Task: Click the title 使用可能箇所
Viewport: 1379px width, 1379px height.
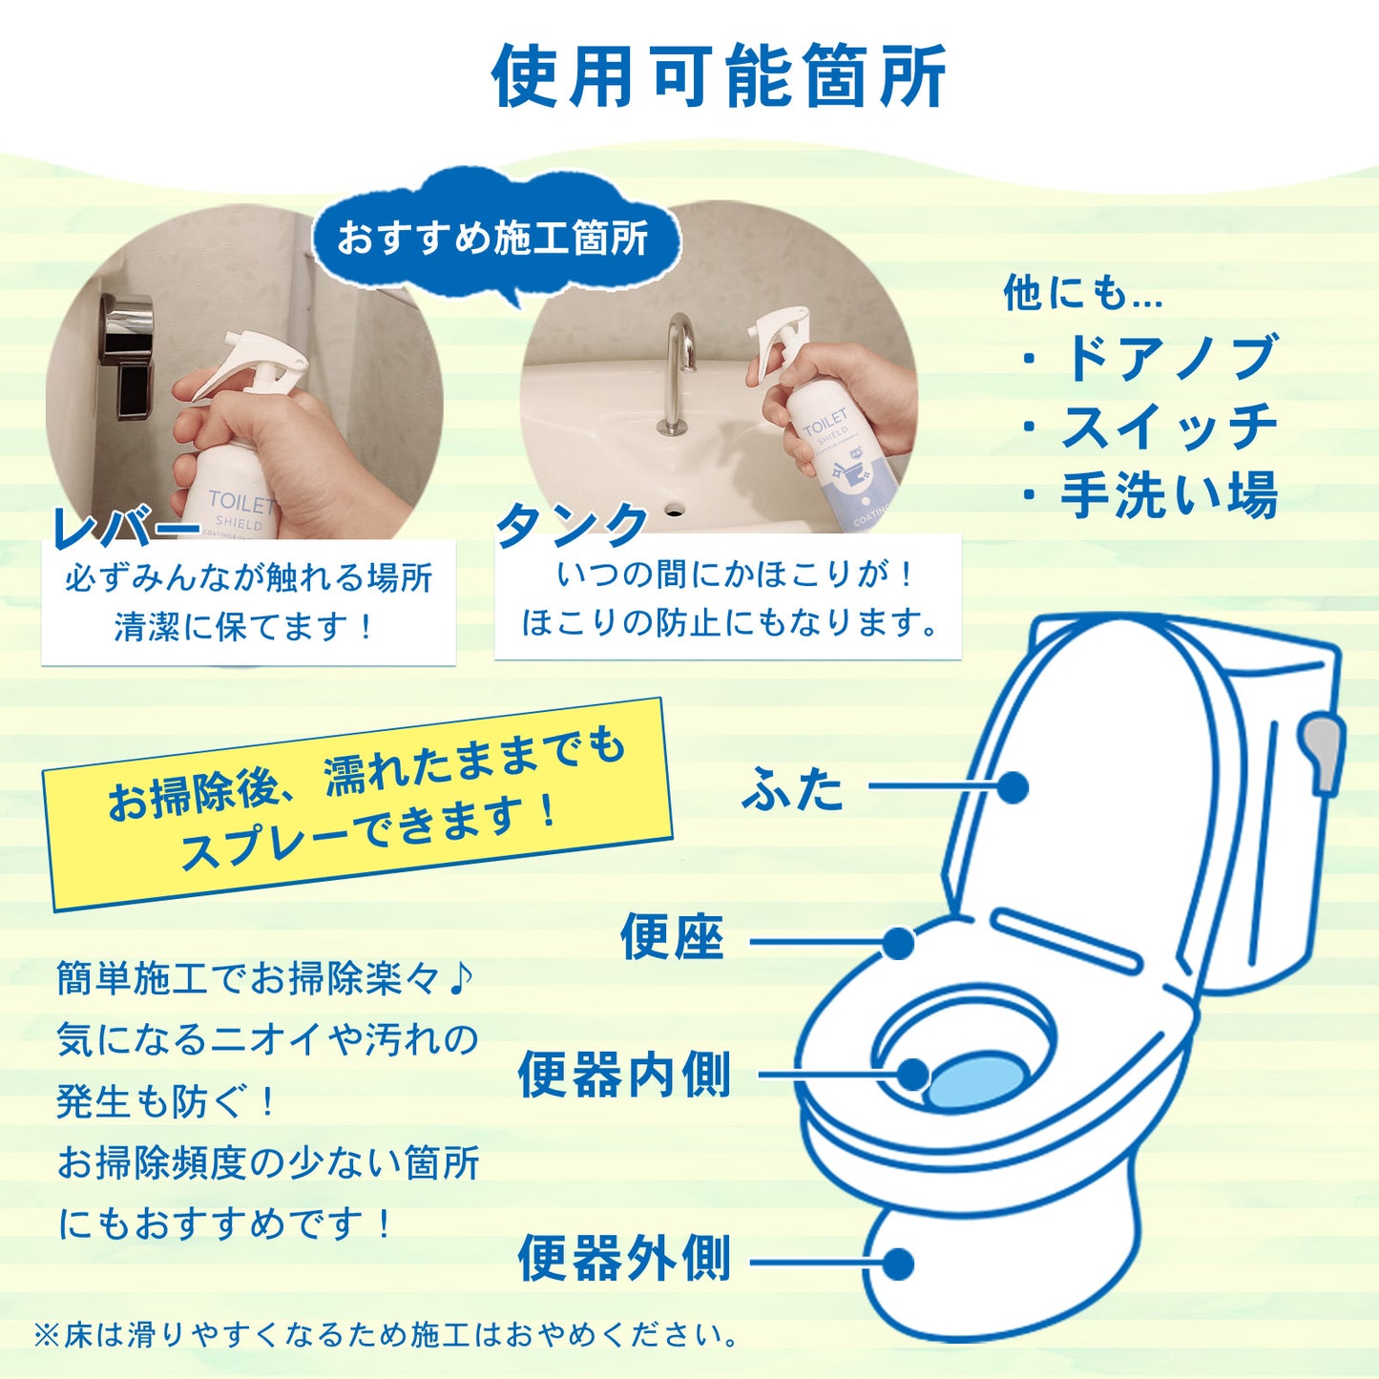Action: pyautogui.click(x=719, y=76)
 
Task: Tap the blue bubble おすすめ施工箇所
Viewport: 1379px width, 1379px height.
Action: pyautogui.click(x=493, y=238)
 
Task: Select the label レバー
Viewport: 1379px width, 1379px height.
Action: pyautogui.click(x=124, y=526)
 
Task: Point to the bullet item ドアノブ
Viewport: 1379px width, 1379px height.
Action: pyautogui.click(x=1168, y=358)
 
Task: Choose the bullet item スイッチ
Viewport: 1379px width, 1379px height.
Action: pyautogui.click(x=1168, y=427)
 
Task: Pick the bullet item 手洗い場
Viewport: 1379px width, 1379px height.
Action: pyautogui.click(x=1168, y=495)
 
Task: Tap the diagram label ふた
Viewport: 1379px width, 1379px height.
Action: pyautogui.click(x=793, y=789)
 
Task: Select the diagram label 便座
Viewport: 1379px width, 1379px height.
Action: pyautogui.click(x=672, y=937)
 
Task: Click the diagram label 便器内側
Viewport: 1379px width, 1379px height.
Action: pyautogui.click(x=624, y=1076)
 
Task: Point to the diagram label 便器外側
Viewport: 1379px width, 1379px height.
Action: pyautogui.click(x=624, y=1259)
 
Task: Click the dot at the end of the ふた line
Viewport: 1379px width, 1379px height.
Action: pyautogui.click(x=1013, y=787)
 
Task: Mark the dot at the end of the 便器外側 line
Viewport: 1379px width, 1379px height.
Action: pyautogui.click(x=898, y=1264)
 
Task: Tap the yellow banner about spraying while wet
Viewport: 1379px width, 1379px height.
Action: pyautogui.click(x=358, y=804)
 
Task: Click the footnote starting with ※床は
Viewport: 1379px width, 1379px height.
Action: pyautogui.click(x=387, y=1334)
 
